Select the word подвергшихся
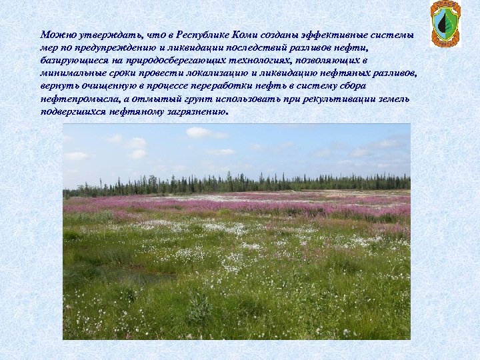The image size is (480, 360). click(72, 112)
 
